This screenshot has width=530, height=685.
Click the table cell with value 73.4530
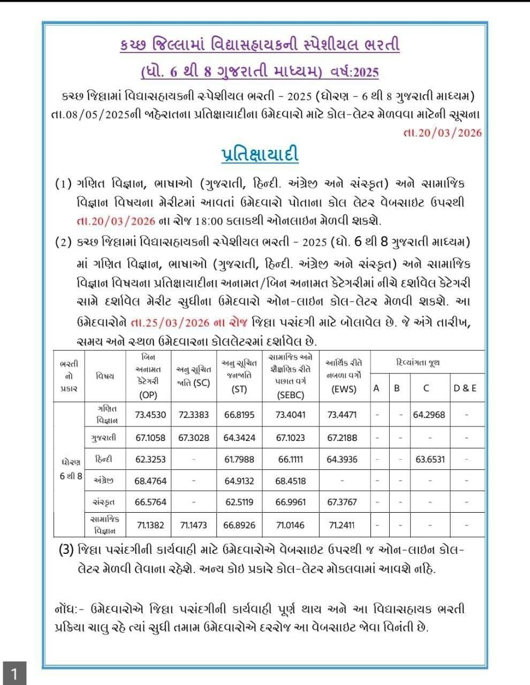coord(150,414)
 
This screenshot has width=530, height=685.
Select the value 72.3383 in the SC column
coord(194,414)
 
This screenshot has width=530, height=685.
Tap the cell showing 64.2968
coord(429,414)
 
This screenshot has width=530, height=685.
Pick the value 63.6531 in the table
coord(429,459)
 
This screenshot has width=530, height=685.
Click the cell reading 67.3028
coord(194,437)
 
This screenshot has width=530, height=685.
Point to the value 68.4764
coord(150,481)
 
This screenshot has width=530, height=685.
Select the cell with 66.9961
coord(291,502)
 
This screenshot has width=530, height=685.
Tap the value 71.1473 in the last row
coord(194,525)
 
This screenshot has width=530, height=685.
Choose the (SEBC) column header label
coord(291,395)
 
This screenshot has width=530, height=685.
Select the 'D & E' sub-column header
coord(465,389)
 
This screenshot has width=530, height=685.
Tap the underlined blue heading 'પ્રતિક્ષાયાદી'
coord(260,154)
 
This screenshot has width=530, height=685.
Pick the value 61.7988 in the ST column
coord(239,459)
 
